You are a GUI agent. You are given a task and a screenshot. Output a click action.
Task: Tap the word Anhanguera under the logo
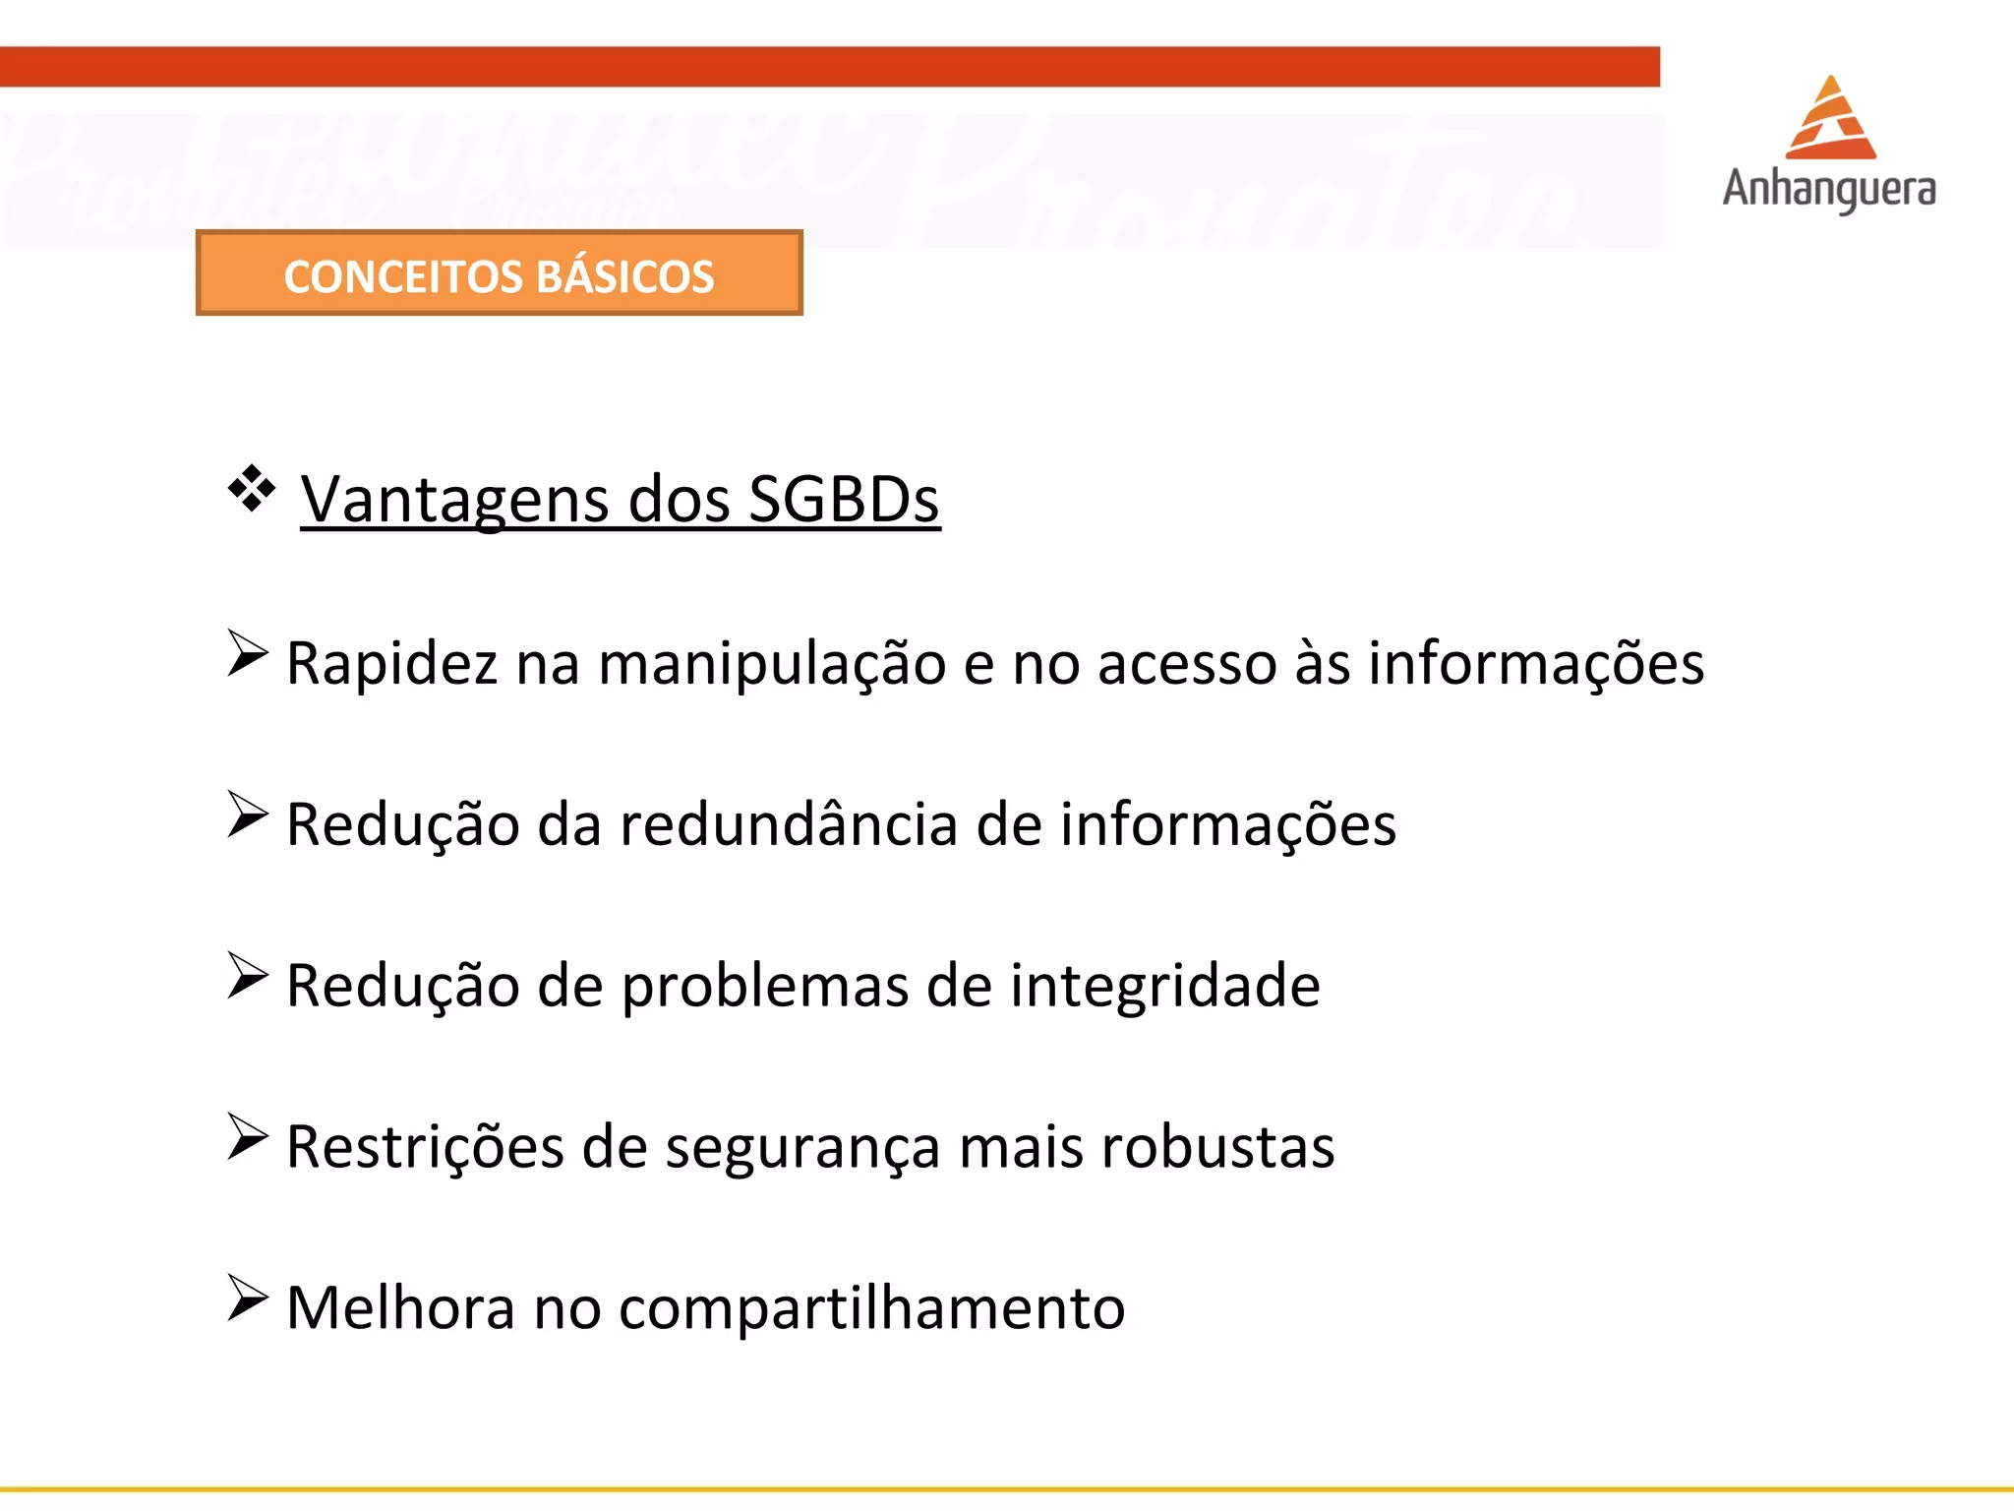pyautogui.click(x=1829, y=189)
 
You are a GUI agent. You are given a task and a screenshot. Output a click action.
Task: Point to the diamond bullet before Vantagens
pyautogui.click(x=252, y=488)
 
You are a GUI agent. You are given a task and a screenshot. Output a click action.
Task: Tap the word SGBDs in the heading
pyautogui.click(x=844, y=500)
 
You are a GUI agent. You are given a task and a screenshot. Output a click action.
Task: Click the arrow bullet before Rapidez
pyautogui.click(x=247, y=653)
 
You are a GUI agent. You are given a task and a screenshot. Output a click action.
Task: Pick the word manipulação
pyautogui.click(x=772, y=663)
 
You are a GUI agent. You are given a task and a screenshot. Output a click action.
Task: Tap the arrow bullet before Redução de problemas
pyautogui.click(x=247, y=975)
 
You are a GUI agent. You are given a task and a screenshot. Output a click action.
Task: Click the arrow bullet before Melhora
pyautogui.click(x=247, y=1298)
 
